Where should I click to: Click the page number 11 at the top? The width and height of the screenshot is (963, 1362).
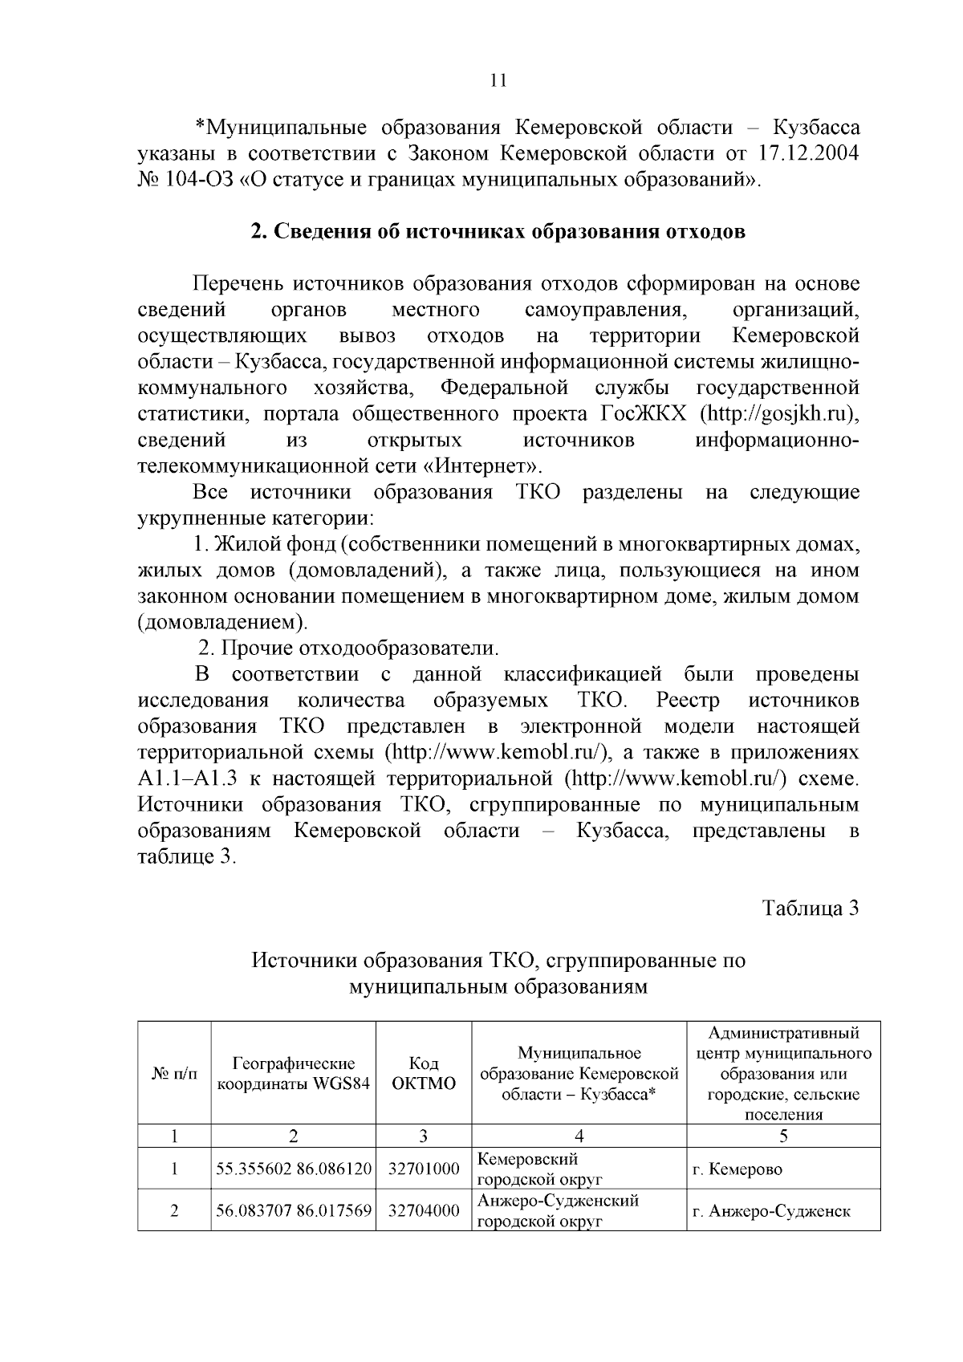click(498, 80)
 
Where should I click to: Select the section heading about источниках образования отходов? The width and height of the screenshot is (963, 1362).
click(498, 232)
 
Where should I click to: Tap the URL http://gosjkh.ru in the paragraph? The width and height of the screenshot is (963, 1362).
click(777, 415)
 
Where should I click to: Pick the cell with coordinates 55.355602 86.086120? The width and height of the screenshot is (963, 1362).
click(294, 1169)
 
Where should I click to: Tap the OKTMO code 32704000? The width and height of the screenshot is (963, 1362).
click(424, 1211)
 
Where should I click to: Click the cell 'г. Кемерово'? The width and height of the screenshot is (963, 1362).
click(737, 1169)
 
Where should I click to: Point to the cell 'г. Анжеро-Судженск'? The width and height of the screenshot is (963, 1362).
click(770, 1211)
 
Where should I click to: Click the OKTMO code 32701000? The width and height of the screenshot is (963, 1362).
click(424, 1169)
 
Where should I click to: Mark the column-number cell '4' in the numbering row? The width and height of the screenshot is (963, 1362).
click(579, 1136)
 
